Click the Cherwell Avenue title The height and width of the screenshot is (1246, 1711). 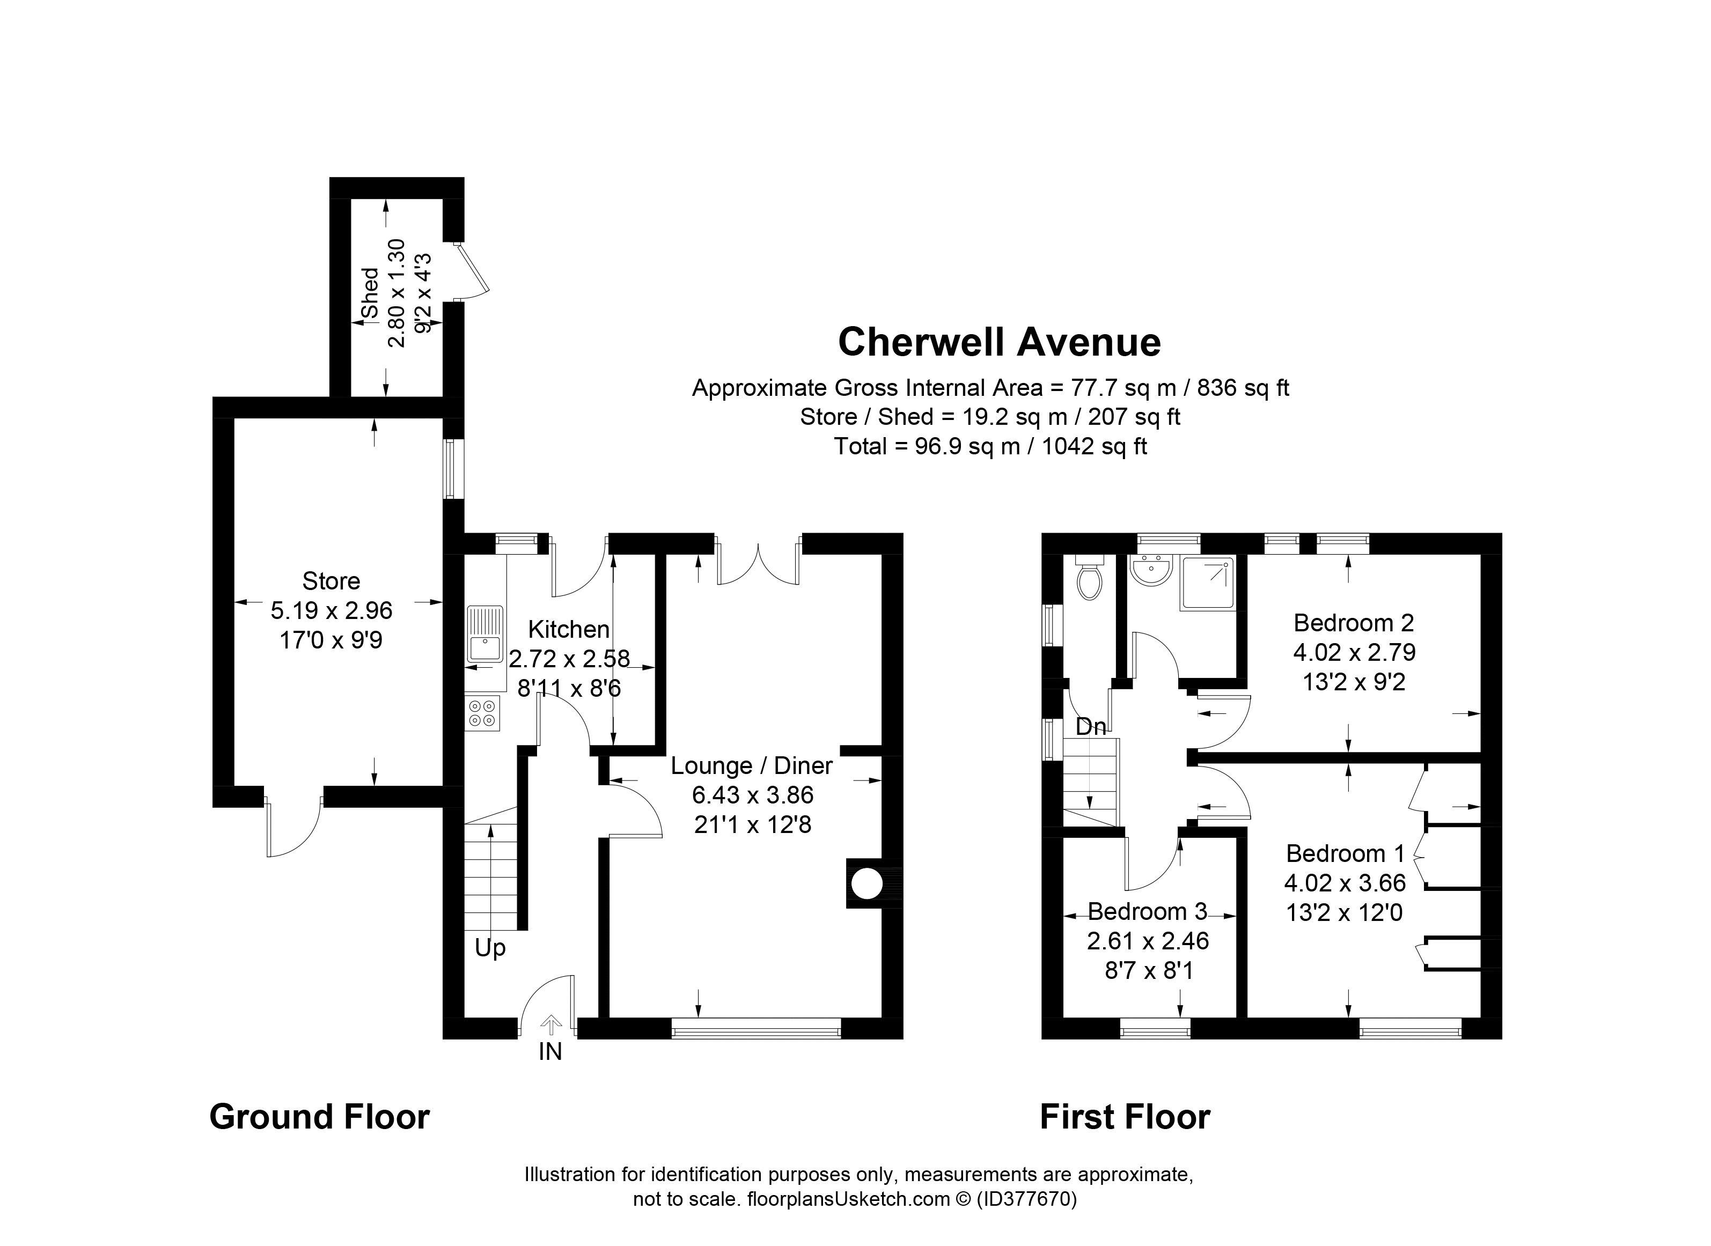click(x=999, y=342)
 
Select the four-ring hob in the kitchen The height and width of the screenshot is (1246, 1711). click(x=483, y=713)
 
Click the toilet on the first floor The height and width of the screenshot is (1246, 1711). click(x=1089, y=577)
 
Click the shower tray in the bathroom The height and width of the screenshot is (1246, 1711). click(x=1209, y=583)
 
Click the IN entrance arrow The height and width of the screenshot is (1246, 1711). click(x=552, y=1026)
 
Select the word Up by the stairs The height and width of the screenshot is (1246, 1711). click(x=490, y=948)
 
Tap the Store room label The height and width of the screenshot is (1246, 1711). click(x=331, y=581)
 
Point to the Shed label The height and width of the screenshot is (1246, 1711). click(x=370, y=293)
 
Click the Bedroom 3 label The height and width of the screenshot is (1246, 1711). click(x=1148, y=911)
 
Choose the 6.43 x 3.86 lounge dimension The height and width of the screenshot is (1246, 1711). click(x=753, y=794)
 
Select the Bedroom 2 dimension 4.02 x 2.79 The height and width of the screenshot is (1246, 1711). click(x=1354, y=652)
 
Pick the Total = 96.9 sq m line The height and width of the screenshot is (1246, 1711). click(x=990, y=446)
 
